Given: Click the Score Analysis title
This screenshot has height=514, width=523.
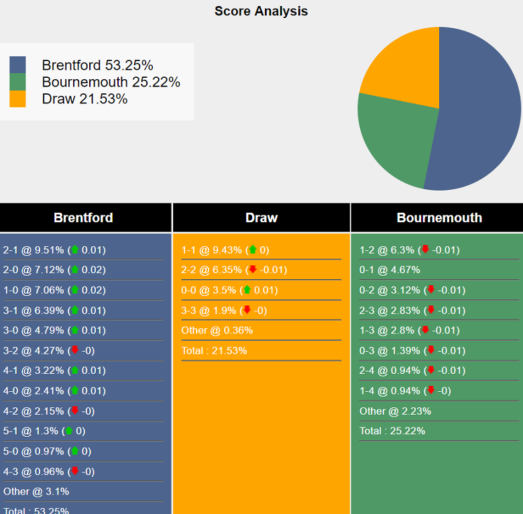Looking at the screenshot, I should coord(261,11).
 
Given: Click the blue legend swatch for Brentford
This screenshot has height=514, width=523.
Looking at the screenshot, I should coord(17,65).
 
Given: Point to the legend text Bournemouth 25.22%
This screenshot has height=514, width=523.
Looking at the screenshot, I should coord(111,82).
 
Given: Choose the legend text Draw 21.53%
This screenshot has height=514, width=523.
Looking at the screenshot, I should coord(84,99).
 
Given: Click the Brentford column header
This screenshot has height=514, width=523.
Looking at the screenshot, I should coord(83,217).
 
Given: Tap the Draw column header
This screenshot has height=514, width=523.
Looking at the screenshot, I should coord(261,217).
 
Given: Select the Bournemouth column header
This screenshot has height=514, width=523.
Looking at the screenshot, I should coord(439,217).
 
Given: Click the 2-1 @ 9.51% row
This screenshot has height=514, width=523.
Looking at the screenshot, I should coord(54,250).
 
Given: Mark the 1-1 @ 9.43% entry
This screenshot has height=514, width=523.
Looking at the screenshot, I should coord(225,250).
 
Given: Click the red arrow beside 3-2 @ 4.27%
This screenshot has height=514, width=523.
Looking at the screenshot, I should coord(74,350).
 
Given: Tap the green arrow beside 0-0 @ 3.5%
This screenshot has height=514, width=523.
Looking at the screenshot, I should coord(247,290).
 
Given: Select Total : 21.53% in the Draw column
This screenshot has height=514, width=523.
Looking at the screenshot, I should coord(214,350).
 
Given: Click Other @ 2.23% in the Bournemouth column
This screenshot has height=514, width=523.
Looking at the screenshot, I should coord(395,411).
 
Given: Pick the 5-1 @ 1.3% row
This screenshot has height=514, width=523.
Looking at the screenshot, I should coord(44,431).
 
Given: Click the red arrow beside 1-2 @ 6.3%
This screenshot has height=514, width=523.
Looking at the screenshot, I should coord(424,250).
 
